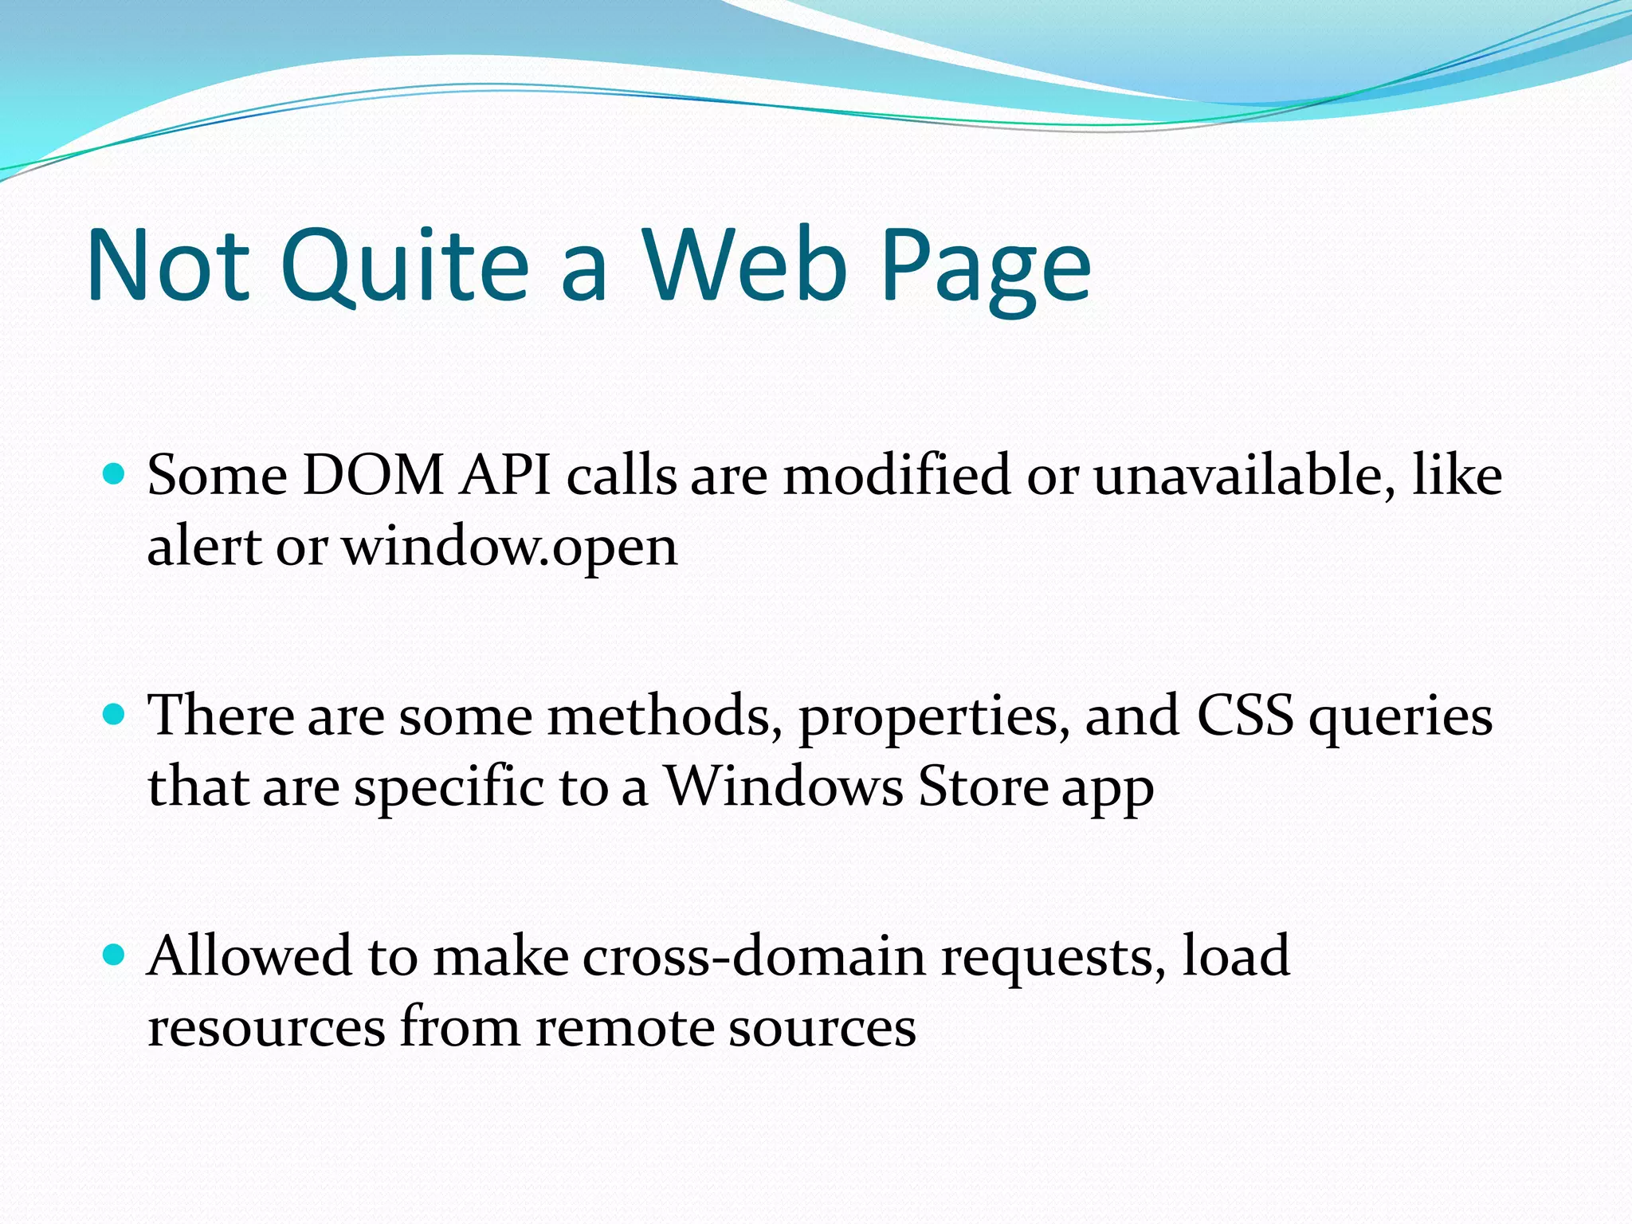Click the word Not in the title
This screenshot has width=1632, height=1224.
point(168,265)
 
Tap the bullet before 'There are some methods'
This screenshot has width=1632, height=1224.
point(115,713)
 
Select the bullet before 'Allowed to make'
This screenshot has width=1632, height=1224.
point(115,954)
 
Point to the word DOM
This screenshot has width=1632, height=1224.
point(374,476)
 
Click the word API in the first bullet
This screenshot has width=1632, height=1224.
point(505,476)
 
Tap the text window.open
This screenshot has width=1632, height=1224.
point(510,548)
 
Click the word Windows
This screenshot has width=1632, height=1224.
point(784,787)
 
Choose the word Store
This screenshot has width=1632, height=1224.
point(983,787)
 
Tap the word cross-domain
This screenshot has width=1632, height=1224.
point(754,955)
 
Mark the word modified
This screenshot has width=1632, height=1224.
point(897,476)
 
